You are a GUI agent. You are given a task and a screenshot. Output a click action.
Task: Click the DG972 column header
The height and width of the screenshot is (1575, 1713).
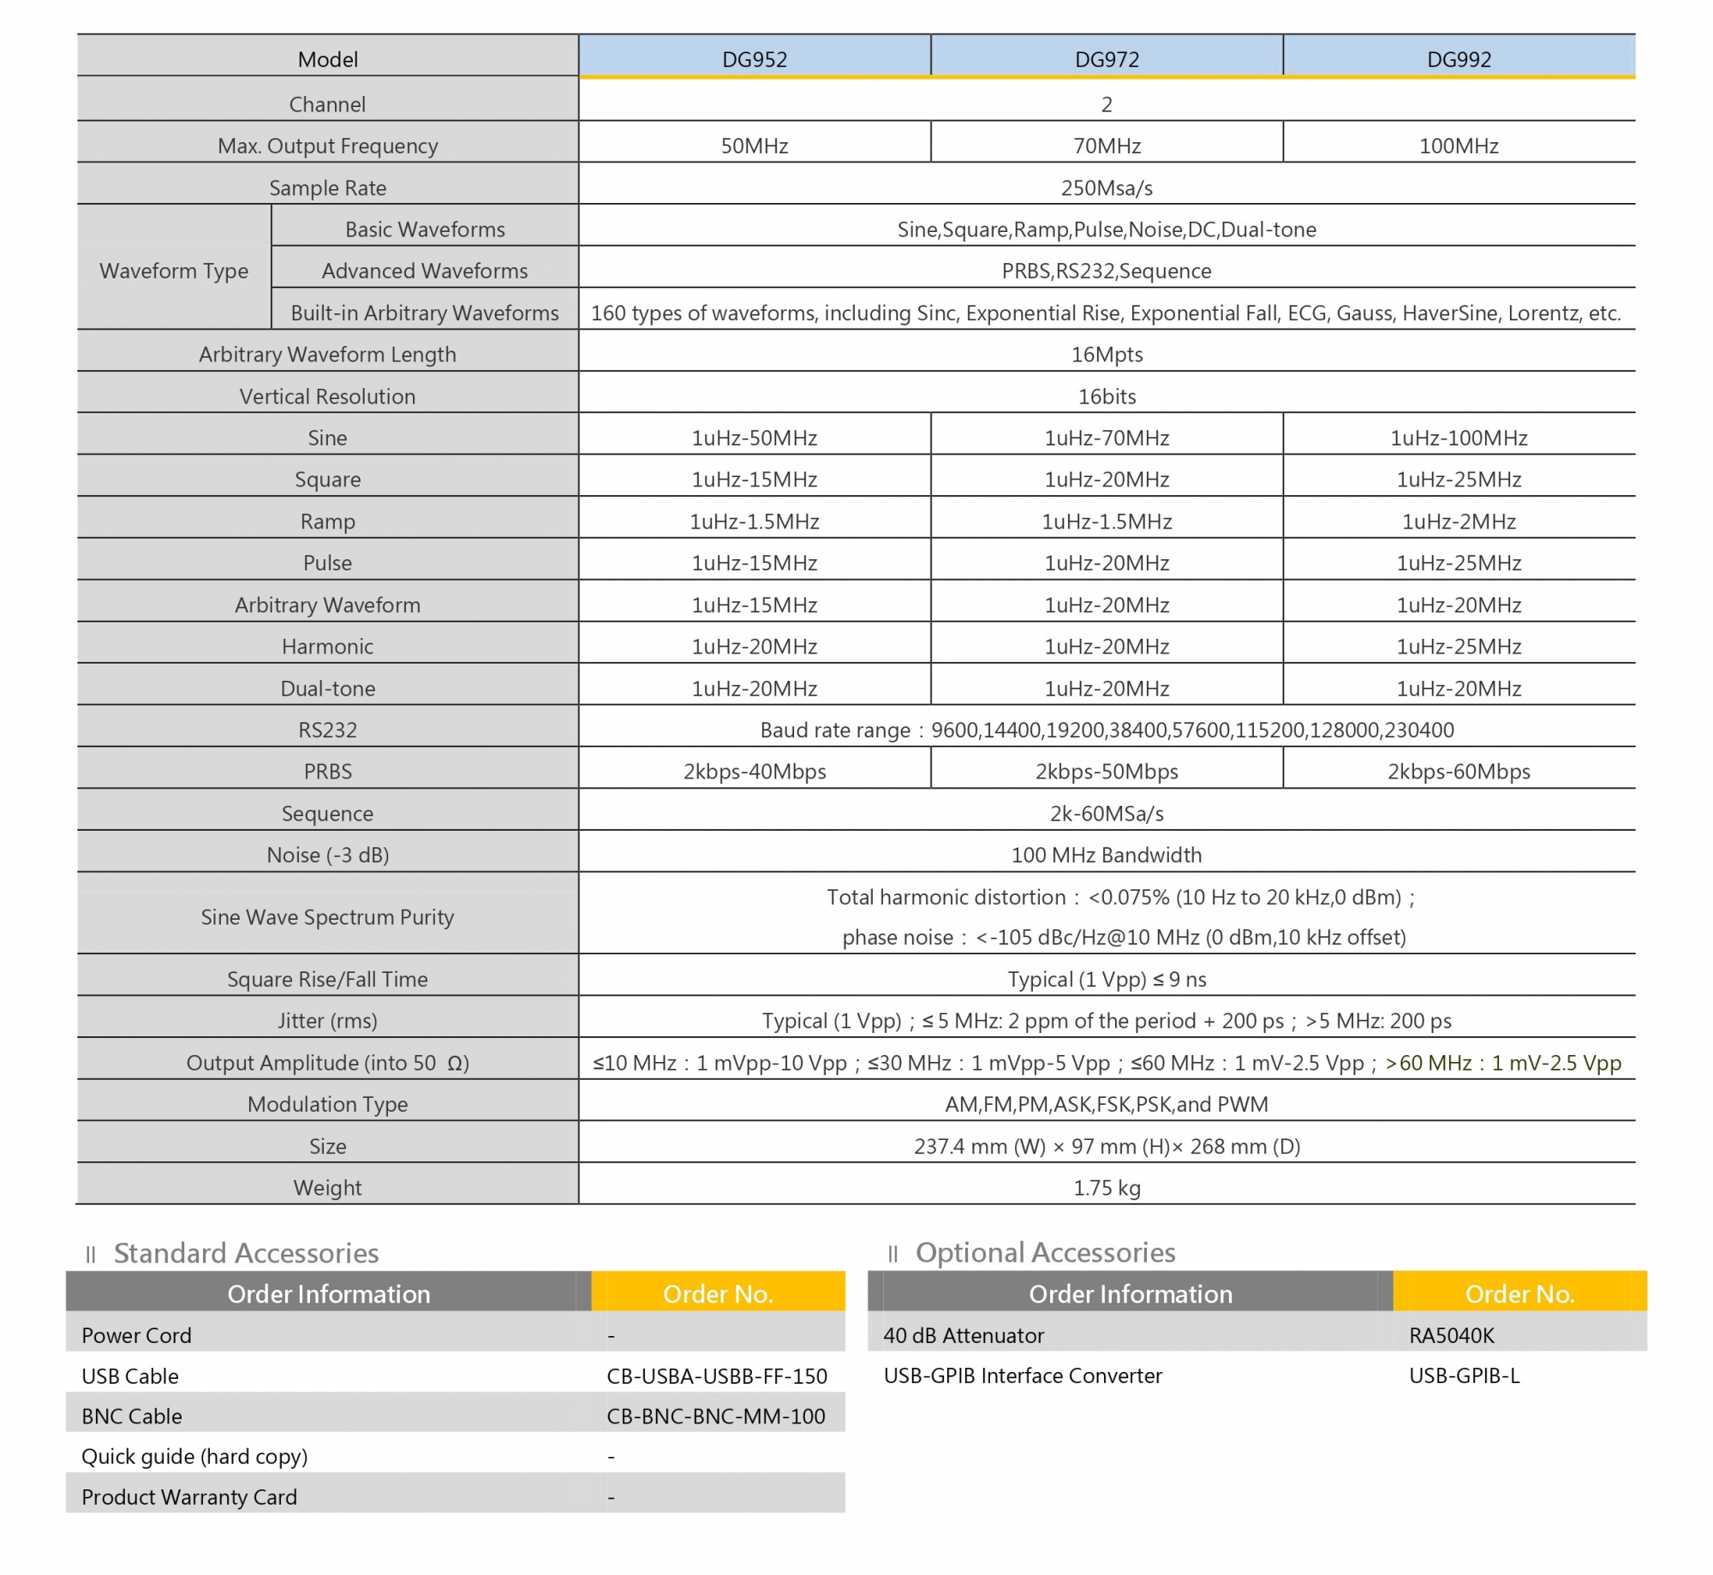tap(1107, 59)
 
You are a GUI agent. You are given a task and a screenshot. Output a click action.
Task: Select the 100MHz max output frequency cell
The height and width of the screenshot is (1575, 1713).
tap(1458, 146)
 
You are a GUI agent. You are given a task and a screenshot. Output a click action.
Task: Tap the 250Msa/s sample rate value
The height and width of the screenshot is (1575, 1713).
tap(1107, 188)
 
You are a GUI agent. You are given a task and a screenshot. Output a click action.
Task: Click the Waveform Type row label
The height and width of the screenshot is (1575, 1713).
tap(174, 271)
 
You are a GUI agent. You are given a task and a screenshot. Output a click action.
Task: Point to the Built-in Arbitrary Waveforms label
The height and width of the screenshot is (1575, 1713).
tap(424, 313)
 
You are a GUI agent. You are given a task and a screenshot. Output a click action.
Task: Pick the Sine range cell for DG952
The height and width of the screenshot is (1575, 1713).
tap(754, 438)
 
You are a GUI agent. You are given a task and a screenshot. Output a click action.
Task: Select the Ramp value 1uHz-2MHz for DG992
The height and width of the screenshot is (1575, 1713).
tap(1458, 521)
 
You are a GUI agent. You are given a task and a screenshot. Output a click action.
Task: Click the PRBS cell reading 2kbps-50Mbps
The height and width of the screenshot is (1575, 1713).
tap(1107, 771)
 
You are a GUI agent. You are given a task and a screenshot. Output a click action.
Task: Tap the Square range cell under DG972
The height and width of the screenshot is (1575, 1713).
tap(1107, 479)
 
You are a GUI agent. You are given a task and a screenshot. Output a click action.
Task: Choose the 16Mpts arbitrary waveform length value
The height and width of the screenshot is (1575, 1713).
tap(1107, 354)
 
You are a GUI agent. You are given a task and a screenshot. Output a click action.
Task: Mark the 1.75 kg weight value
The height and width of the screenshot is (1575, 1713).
tap(1107, 1187)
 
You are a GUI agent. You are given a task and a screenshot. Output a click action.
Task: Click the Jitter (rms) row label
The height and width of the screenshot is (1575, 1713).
tap(327, 1020)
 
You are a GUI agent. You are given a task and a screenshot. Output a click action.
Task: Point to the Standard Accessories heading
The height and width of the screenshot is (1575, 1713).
tap(246, 1253)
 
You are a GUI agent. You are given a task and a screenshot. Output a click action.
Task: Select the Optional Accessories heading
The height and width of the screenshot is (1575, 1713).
tap(1045, 1252)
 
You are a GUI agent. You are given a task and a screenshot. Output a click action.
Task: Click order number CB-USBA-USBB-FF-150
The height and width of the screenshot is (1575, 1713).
tap(716, 1375)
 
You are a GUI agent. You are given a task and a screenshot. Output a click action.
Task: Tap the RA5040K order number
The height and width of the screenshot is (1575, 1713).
tap(1451, 1335)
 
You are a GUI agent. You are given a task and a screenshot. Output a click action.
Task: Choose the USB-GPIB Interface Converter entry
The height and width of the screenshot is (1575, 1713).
tap(1023, 1375)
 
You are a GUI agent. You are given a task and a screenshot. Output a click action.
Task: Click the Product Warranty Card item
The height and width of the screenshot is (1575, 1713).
tap(189, 1496)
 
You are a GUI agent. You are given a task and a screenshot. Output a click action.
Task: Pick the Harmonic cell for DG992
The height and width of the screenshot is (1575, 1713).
tap(1458, 646)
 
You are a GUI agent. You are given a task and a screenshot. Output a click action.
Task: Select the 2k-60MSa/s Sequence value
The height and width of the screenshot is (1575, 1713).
tap(1107, 813)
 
